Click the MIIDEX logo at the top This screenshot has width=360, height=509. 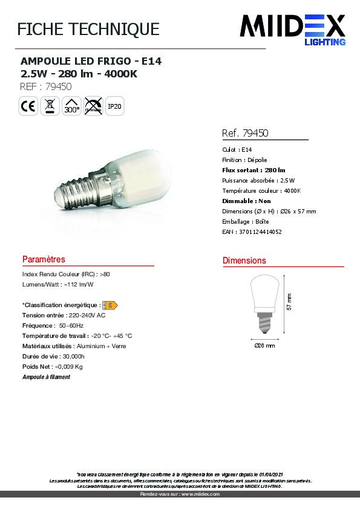click(x=293, y=28)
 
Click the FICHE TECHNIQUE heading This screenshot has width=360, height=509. click(x=88, y=29)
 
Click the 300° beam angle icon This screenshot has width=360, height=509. click(x=71, y=106)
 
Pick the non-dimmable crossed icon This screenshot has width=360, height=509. click(x=93, y=106)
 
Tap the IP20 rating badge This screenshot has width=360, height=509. click(x=114, y=106)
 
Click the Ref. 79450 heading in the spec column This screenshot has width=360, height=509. click(x=245, y=133)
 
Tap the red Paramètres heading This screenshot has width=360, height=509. click(x=44, y=259)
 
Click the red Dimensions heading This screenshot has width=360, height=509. click(x=244, y=261)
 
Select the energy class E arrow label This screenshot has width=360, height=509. click(x=110, y=305)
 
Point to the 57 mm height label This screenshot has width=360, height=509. click(x=289, y=302)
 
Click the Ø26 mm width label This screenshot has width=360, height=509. click(x=264, y=346)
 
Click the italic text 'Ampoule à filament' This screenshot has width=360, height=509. click(x=46, y=377)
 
